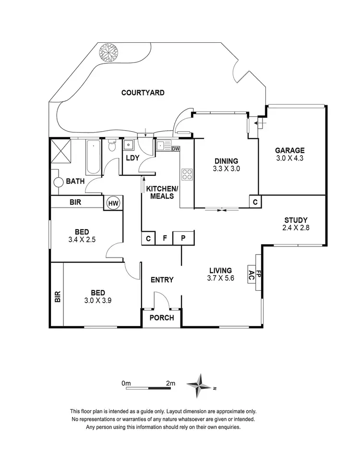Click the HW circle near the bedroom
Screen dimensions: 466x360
pos(113,203)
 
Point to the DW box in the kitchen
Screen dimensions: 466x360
pos(175,148)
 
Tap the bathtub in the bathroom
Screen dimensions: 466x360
pos(92,157)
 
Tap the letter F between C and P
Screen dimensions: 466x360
pos(165,238)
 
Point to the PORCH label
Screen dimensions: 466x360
pos(161,318)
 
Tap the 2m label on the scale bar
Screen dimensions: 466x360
pos(170,383)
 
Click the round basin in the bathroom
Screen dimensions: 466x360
pos(58,183)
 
